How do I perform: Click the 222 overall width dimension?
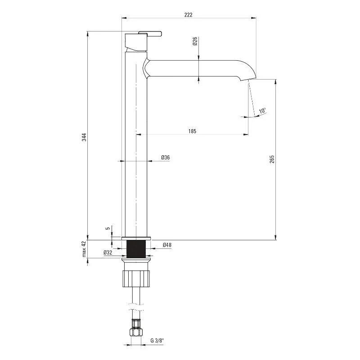point(188,15)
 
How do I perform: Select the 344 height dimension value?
point(84,137)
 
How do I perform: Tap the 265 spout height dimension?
point(272,159)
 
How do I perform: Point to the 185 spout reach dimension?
point(193,131)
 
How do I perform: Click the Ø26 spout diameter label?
point(195,41)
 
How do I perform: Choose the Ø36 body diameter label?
point(165,157)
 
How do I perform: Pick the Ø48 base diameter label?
point(167,245)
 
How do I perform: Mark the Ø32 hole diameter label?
point(108,252)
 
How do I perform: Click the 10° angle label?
point(262,110)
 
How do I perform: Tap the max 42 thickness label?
point(84,249)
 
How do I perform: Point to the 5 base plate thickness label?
point(108,229)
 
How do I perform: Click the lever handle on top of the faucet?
point(150,33)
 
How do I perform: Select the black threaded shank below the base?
point(136,249)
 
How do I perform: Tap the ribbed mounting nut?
point(136,279)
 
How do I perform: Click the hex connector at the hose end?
point(136,332)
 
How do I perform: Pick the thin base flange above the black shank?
point(136,238)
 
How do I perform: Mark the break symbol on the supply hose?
point(136,307)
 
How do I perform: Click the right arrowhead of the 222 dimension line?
point(254,18)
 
